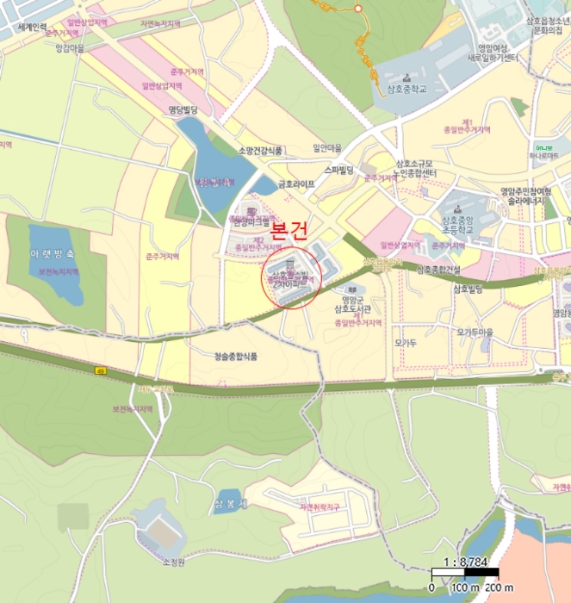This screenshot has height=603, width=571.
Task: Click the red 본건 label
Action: click(x=289, y=231)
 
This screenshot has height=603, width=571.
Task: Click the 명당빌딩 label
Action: click(x=183, y=109)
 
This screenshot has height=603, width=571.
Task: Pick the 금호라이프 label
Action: click(x=295, y=183)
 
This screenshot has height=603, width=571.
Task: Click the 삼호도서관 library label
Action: click(x=351, y=308)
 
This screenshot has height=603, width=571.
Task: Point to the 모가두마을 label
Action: click(x=475, y=332)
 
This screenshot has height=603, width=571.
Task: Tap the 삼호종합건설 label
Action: click(x=440, y=269)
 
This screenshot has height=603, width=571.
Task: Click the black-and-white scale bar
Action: click(x=465, y=574)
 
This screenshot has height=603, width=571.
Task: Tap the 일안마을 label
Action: click(x=327, y=147)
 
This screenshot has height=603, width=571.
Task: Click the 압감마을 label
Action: click(x=70, y=49)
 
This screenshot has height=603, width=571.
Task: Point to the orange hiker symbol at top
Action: click(x=355, y=7)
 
